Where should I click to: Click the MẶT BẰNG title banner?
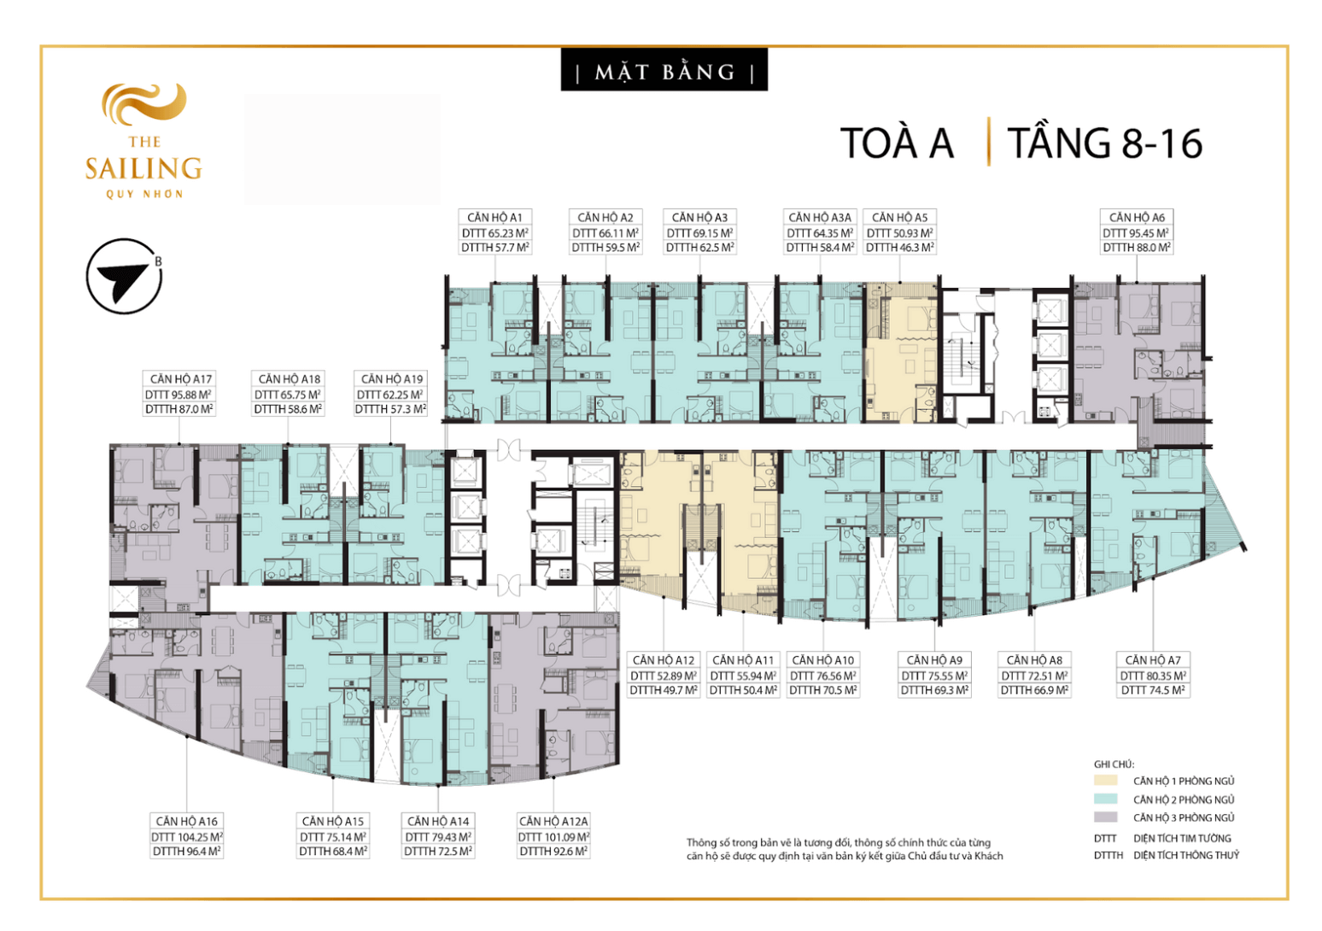pos(664,71)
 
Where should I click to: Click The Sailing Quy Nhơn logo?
pos(143,142)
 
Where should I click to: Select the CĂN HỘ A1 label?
pos(494,218)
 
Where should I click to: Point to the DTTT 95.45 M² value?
pos(1136,233)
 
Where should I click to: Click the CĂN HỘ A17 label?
pos(180,379)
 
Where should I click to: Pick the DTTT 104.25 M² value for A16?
pos(187,837)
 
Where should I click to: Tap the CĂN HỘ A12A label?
pos(553,822)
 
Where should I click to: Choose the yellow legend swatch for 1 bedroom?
pos(1105,781)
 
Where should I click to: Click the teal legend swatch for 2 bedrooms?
pos(1105,799)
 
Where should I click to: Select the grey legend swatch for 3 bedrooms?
pos(1105,817)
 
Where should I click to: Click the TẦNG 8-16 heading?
pos(1105,143)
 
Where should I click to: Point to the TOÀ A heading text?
pos(897,143)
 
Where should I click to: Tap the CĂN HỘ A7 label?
pos(1153,660)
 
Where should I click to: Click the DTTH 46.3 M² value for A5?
pos(899,248)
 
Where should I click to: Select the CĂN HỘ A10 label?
pos(822,660)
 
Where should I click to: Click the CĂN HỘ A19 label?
pos(391,379)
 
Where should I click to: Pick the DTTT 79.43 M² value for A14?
pos(438,837)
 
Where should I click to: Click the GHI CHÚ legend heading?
pos(1114,764)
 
